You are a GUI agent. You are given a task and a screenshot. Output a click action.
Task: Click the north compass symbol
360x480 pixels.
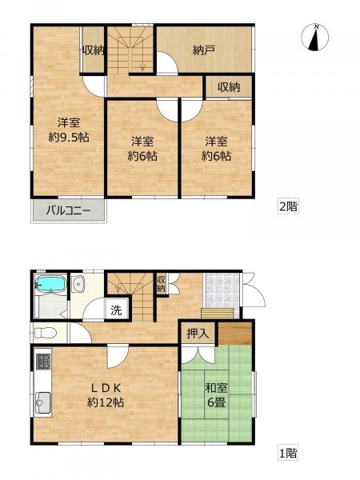click(x=314, y=37)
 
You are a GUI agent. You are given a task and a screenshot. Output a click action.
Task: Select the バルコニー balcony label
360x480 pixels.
click(x=68, y=211)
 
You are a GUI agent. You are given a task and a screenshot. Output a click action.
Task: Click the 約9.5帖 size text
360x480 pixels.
click(x=69, y=138)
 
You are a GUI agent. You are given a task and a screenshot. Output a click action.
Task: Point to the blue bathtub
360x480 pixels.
click(x=50, y=284)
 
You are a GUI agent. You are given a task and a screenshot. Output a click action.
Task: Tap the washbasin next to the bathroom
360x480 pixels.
click(x=79, y=284)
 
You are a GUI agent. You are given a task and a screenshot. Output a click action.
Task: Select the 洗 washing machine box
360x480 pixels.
click(x=116, y=310)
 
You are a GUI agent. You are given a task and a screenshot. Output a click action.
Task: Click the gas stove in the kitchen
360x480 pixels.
click(x=43, y=361)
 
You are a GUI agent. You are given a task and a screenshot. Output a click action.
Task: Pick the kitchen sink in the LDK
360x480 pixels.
click(x=42, y=402)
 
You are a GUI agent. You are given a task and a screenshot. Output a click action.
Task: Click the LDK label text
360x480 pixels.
click(x=106, y=388)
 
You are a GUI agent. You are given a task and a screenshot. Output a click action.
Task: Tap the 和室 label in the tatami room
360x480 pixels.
click(x=216, y=388)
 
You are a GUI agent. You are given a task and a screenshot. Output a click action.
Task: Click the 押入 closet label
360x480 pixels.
click(x=198, y=333)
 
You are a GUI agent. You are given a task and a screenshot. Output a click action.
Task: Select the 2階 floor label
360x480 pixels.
click(x=288, y=206)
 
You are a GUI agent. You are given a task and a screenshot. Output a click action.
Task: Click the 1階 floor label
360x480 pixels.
click(x=288, y=453)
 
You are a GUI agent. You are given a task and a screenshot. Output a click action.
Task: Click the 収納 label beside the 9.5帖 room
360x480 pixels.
click(x=94, y=50)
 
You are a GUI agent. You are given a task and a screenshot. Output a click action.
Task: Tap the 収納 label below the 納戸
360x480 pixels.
click(x=229, y=87)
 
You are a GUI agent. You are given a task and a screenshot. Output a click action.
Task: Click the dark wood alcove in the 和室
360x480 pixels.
click(x=234, y=334)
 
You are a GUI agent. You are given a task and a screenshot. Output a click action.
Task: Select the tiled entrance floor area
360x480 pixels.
click(x=222, y=291)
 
